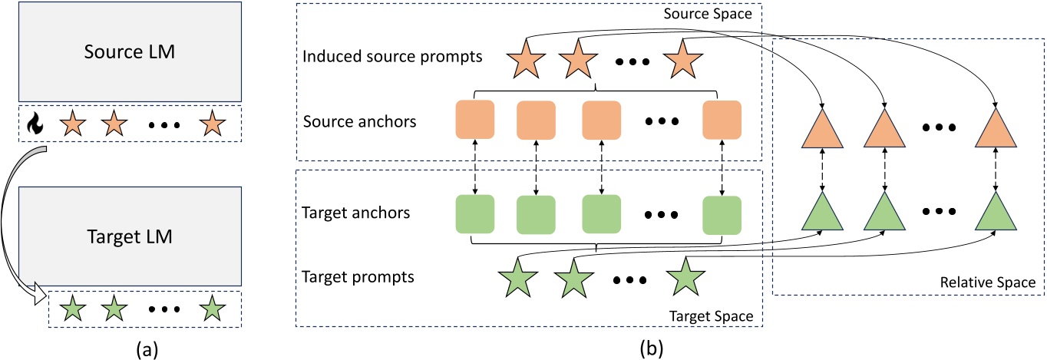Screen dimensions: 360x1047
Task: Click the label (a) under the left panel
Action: click(x=147, y=349)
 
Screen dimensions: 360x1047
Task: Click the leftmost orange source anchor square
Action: click(x=474, y=122)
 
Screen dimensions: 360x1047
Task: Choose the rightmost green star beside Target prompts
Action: click(x=684, y=279)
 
